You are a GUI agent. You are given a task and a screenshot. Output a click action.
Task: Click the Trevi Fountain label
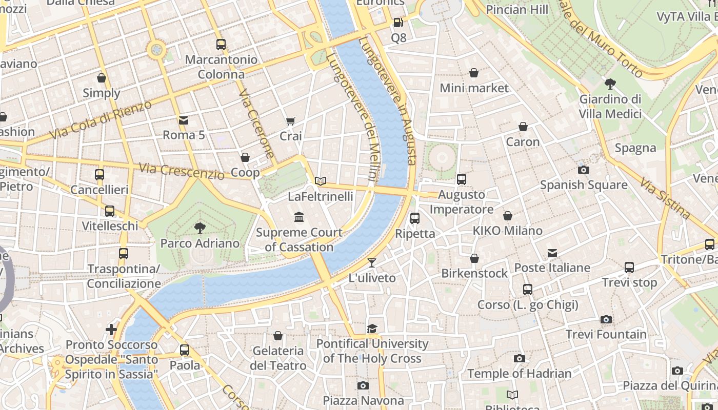tap(606, 334)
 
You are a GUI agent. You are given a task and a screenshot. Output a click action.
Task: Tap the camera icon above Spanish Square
tap(583, 170)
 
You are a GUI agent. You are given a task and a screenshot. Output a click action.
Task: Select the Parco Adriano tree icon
tap(200, 228)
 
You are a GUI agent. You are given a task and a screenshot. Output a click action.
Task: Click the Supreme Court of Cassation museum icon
tap(299, 217)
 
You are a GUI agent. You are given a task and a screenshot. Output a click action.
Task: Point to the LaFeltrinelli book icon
tap(321, 181)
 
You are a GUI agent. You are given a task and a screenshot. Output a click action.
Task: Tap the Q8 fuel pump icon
tap(398, 23)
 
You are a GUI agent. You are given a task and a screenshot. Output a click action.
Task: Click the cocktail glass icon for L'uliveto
tap(372, 263)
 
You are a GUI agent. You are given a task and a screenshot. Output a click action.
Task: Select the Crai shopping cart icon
tap(291, 121)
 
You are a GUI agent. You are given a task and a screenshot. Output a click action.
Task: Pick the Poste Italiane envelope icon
tap(552, 253)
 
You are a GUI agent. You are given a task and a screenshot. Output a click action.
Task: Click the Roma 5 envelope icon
tap(183, 120)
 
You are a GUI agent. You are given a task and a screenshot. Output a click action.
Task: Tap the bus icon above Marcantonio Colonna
tap(221, 45)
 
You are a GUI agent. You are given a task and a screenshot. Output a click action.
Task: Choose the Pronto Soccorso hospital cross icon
tap(111, 329)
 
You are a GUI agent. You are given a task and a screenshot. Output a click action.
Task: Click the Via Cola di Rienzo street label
tap(101, 120)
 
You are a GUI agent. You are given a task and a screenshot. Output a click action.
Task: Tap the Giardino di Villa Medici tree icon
tap(610, 84)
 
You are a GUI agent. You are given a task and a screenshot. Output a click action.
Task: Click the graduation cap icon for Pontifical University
tap(372, 329)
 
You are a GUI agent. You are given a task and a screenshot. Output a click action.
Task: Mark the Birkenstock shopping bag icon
tap(474, 258)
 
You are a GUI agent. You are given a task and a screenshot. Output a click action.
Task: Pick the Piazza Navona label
tap(363, 400)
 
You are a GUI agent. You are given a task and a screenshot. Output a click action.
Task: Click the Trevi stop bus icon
tap(629, 267)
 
